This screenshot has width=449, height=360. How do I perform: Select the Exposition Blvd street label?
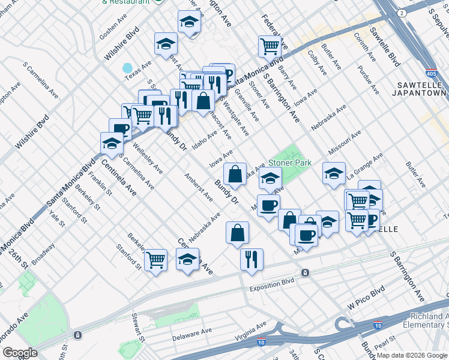tap(272, 281)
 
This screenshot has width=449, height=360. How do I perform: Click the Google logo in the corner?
tap(20, 352)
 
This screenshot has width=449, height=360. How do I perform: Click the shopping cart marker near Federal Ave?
tap(270, 46)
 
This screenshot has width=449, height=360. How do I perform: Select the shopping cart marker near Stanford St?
tap(155, 260)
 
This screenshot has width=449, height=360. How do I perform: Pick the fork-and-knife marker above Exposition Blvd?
tap(251, 259)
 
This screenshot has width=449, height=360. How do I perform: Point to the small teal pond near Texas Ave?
tap(127, 68)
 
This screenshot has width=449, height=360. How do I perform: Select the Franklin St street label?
tap(100, 184)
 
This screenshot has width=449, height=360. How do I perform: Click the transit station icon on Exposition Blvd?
tap(306, 273)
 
